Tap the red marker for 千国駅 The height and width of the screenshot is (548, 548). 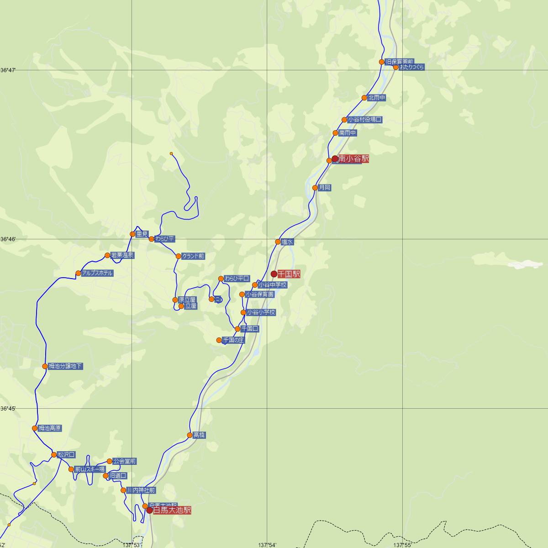click(x=274, y=274)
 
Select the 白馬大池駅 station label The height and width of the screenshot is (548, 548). click(x=172, y=510)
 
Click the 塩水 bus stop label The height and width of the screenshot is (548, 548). click(x=287, y=242)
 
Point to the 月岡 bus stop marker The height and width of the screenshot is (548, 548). click(x=315, y=188)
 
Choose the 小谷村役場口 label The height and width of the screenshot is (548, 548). click(x=364, y=120)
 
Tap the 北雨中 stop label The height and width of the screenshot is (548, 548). click(x=377, y=98)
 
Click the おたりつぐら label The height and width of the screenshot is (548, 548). click(x=412, y=67)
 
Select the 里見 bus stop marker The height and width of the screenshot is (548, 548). click(x=133, y=234)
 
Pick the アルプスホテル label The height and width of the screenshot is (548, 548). click(x=96, y=273)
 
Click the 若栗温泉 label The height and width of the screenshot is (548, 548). click(x=122, y=255)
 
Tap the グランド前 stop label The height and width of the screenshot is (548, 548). click(x=193, y=256)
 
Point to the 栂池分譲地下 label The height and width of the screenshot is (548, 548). click(x=65, y=366)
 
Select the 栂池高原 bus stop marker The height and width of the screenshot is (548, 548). click(x=35, y=428)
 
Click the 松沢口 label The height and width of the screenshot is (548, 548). click(x=66, y=455)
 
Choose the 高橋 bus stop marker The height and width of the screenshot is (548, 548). click(x=190, y=435)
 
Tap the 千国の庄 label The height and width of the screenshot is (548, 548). click(x=233, y=340)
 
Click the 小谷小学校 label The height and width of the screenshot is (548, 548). click(x=261, y=312)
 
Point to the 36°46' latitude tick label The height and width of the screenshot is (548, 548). click(x=8, y=239)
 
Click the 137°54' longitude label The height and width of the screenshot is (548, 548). click(x=267, y=545)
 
